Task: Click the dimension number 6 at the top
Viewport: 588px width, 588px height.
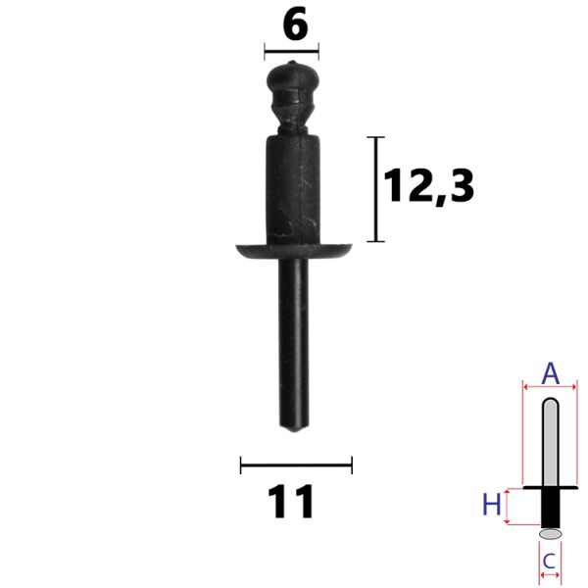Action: (296, 24)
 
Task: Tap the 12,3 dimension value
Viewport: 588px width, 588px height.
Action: (429, 185)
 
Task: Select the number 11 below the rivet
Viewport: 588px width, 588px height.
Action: (291, 502)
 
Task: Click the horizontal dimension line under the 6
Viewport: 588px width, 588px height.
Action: (291, 51)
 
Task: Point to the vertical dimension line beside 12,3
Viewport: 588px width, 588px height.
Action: (375, 189)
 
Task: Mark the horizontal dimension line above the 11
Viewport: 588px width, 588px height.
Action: (296, 465)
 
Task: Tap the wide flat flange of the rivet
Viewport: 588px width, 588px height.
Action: (294, 251)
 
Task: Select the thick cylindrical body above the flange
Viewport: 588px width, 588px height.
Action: (293, 189)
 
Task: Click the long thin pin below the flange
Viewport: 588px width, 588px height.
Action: (294, 343)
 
